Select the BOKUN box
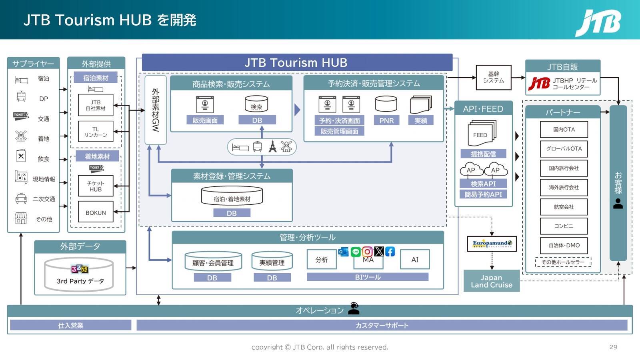96,213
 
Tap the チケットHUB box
96,186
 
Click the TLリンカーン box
96,132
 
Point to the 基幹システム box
494,77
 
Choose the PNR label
386,120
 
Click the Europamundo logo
492,244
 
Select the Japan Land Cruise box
491,281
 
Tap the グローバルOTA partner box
564,149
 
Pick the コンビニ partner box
564,226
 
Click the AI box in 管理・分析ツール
415,260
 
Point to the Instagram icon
367,252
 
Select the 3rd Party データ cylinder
79,274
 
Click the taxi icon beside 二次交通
21,198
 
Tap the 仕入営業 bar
71,325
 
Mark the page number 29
613,347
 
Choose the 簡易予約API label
483,194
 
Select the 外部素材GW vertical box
156,110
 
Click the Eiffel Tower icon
272,147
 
